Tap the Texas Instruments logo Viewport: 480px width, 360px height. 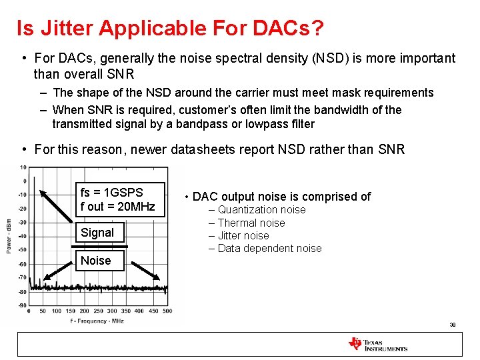377,344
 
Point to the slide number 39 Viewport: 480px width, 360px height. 453,325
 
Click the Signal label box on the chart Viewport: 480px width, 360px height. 97,233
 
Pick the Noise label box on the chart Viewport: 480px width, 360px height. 96,261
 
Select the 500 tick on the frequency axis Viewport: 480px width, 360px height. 167,311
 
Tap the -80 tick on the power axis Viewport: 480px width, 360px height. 23,291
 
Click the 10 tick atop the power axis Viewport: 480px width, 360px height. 23,167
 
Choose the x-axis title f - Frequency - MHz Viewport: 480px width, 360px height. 97,321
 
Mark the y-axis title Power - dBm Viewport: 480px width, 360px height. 9,236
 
